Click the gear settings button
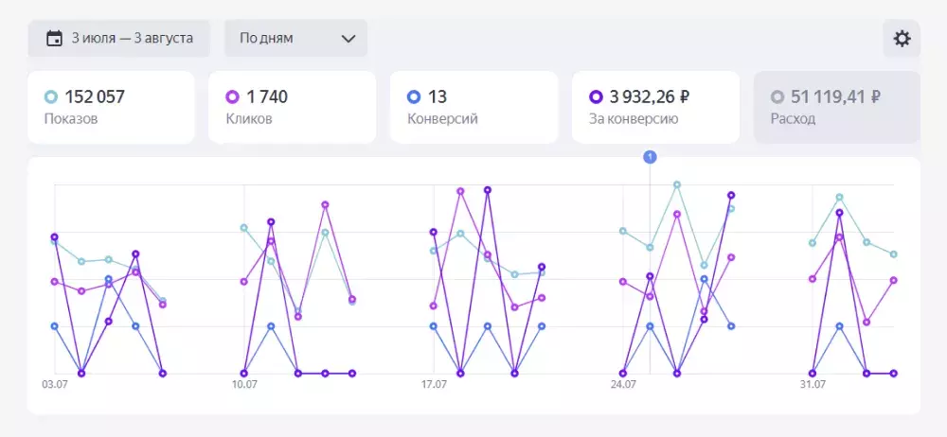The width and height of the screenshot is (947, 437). pos(902,39)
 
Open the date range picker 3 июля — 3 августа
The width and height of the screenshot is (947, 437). pos(119,39)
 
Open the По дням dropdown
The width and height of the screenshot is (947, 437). pos(295,39)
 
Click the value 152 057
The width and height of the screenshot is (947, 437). pos(95,96)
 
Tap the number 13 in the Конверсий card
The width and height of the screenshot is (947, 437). pos(438,96)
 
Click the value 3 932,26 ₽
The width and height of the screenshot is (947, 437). pos(650,96)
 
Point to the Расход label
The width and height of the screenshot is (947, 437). pos(793,119)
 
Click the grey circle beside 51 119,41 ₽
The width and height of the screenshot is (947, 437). pos(777,96)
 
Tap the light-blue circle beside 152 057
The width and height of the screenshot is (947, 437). pos(51,96)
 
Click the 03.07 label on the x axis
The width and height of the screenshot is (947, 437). pos(54,385)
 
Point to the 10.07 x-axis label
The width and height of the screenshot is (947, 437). pos(244,385)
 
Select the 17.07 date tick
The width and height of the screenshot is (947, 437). pos(434,385)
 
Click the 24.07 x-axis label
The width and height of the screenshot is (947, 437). pos(623,385)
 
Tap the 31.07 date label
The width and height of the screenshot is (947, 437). pos(813,385)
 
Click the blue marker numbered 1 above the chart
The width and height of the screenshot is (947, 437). pos(650,157)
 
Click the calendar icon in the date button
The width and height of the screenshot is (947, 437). pos(54,39)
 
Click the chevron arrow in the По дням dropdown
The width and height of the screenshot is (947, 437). pos(348,39)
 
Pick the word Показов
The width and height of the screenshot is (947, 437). pos(71,119)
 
